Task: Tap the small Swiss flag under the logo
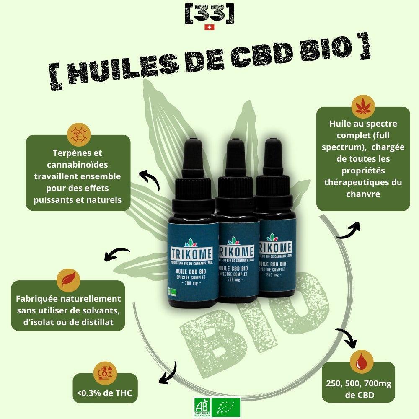pyautogui.click(x=209, y=27)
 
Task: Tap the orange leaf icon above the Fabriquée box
pyautogui.click(x=68, y=280)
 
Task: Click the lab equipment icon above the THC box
pyautogui.click(x=105, y=373)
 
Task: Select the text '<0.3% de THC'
pyautogui.click(x=105, y=393)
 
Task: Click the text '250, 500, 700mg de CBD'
pyautogui.click(x=358, y=390)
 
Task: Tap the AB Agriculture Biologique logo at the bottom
pyautogui.click(x=202, y=407)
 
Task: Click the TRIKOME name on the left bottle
pyautogui.click(x=192, y=253)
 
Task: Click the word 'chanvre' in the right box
pyautogui.click(x=363, y=193)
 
